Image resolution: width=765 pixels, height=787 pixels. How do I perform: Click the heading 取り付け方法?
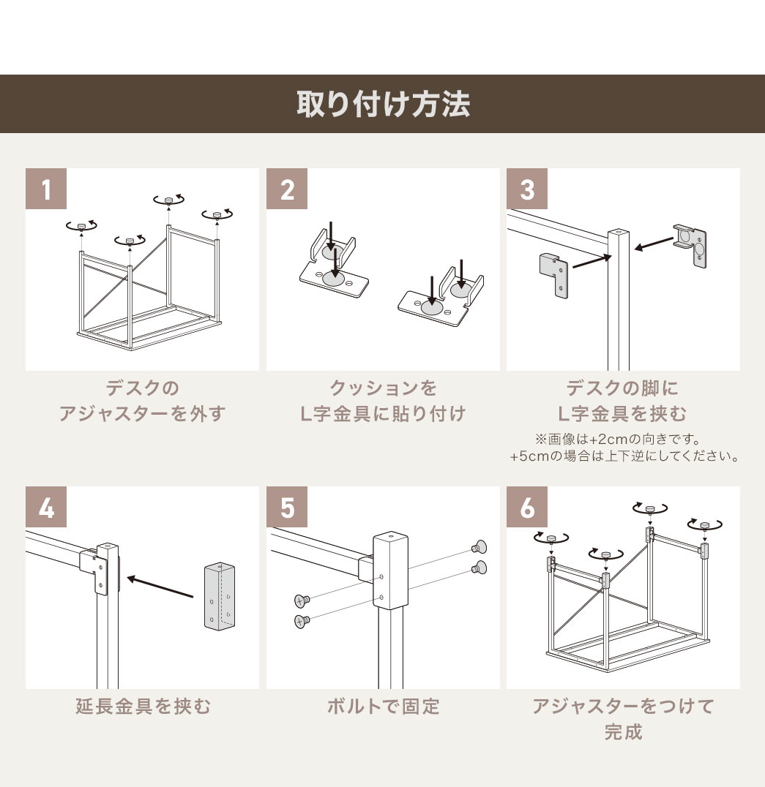(382, 104)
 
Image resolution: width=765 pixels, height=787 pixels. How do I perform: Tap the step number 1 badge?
(46, 189)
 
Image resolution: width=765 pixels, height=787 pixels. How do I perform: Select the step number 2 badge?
(287, 189)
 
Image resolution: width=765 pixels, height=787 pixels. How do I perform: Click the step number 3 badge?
(527, 189)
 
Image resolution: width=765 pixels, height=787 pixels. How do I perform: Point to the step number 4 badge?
(46, 507)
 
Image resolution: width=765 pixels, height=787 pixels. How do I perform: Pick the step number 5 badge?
(287, 507)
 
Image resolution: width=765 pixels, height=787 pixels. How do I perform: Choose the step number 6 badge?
(527, 507)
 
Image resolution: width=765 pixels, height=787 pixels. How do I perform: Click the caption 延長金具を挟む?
(143, 707)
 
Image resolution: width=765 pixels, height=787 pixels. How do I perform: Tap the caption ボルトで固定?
(383, 707)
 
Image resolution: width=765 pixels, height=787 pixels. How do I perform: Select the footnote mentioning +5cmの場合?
(623, 456)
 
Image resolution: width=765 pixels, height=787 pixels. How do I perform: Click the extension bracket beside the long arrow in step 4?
(220, 596)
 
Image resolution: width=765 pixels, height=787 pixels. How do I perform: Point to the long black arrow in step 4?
(161, 587)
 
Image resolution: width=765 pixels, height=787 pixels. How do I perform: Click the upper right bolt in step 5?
(480, 546)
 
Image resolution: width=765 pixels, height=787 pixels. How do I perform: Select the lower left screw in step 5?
(301, 621)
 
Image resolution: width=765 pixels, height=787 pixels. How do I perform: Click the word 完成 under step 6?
(623, 732)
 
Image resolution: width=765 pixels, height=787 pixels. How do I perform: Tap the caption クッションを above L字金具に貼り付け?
(383, 388)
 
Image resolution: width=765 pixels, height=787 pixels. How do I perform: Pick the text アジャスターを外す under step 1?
(143, 414)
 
